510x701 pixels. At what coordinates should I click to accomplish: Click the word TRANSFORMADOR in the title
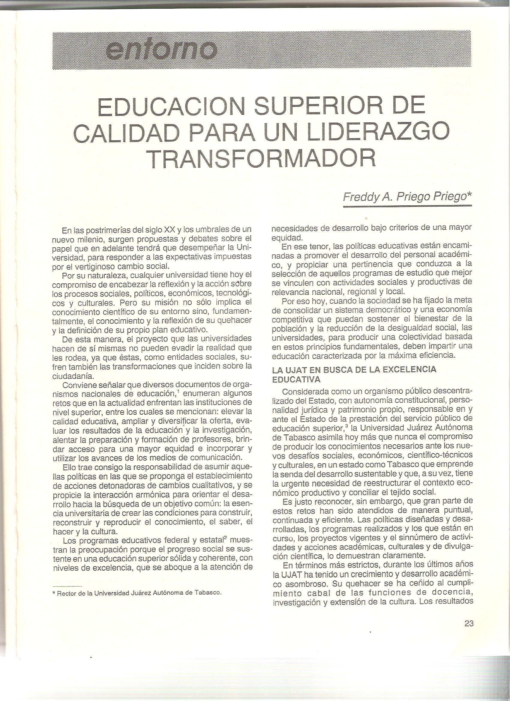[262, 157]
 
